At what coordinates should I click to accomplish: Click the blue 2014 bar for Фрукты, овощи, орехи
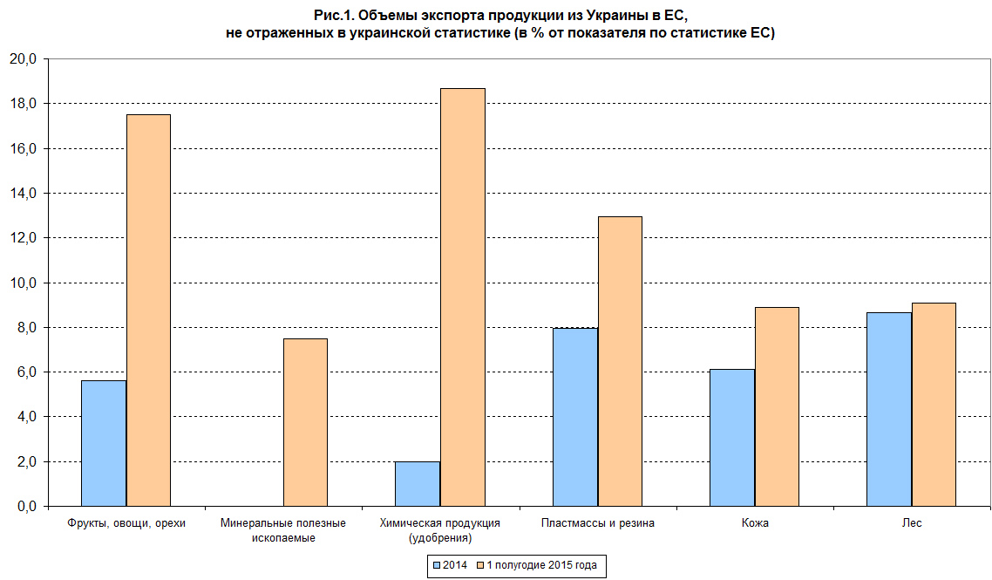104,443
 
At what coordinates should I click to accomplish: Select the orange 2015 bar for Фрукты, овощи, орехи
149,310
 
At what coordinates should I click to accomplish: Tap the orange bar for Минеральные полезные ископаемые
305,422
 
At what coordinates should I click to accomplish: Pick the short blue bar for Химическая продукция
418,484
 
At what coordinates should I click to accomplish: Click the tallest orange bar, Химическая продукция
463,297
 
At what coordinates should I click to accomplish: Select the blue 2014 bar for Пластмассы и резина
575,417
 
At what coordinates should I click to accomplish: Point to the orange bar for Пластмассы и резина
620,361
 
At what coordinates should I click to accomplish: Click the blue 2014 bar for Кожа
732,437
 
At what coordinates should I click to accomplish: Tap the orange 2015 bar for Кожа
777,406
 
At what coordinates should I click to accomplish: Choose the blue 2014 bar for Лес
889,409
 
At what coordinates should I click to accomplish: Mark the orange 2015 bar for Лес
934,404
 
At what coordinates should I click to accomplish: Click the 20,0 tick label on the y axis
23,59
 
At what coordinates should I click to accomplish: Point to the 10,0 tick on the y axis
23,283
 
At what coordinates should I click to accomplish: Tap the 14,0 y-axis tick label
23,193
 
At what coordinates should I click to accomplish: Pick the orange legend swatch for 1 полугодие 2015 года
479,565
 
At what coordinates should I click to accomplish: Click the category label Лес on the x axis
912,523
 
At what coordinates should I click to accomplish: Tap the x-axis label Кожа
755,523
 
